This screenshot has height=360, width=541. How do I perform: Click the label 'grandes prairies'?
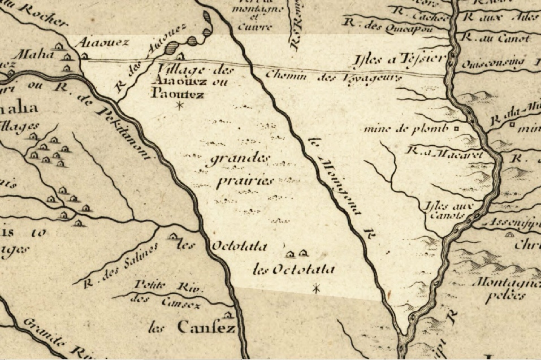241,170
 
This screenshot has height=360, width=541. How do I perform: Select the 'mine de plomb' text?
405,128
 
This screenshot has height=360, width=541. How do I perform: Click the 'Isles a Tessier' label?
400,58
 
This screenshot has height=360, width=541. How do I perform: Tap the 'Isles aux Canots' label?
443,210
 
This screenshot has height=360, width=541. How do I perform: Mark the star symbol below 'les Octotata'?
317,289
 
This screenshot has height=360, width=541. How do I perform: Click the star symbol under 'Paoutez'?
180,105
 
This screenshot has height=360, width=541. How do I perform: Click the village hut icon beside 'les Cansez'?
228,314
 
